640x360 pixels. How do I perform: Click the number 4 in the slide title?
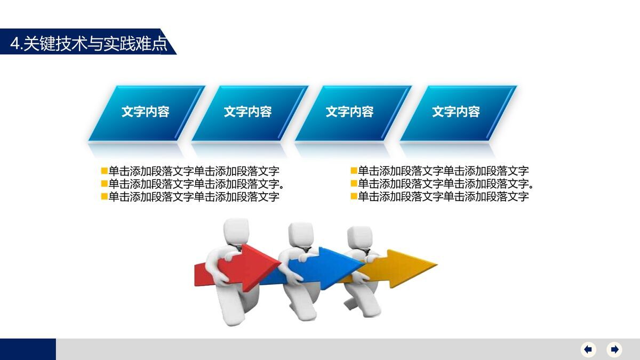point(15,43)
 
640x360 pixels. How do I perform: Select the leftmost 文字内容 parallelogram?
point(146,112)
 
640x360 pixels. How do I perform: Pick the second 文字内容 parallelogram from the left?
point(248,112)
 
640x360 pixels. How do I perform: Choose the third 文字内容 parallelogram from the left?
point(350,112)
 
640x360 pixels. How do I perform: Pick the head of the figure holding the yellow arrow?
point(359,236)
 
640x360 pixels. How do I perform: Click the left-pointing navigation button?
point(588,349)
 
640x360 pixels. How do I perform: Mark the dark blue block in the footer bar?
point(28,349)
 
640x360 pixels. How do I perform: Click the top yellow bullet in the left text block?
point(105,171)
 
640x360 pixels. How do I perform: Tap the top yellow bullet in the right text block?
point(354,171)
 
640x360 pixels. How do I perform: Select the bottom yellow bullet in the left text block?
point(105,196)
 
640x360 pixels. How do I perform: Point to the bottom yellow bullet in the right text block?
point(354,196)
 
